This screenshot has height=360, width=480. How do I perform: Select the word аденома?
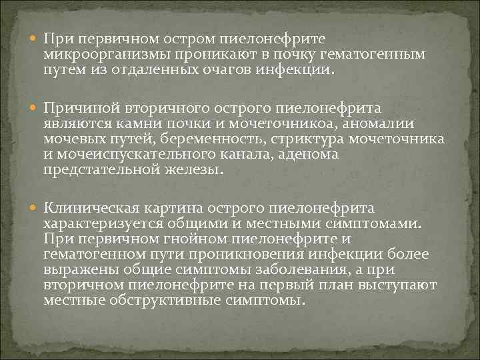[x=307, y=154]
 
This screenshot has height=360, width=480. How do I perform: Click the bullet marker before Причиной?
[x=35, y=107]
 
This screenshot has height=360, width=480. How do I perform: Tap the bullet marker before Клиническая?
[x=35, y=209]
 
